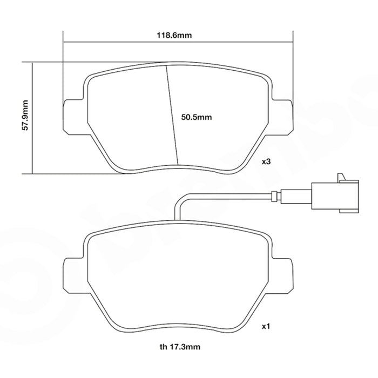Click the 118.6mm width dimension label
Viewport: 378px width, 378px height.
(x=174, y=35)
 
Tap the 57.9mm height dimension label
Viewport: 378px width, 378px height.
(x=25, y=116)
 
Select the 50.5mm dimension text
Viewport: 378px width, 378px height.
(x=197, y=117)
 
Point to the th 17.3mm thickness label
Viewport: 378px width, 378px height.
(x=180, y=347)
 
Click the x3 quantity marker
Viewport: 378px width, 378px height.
(x=266, y=161)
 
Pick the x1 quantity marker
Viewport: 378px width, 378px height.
(x=266, y=327)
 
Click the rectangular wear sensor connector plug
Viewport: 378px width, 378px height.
(x=335, y=196)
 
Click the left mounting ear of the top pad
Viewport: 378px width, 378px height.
(x=73, y=117)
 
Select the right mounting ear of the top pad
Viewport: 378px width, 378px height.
(x=282, y=117)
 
